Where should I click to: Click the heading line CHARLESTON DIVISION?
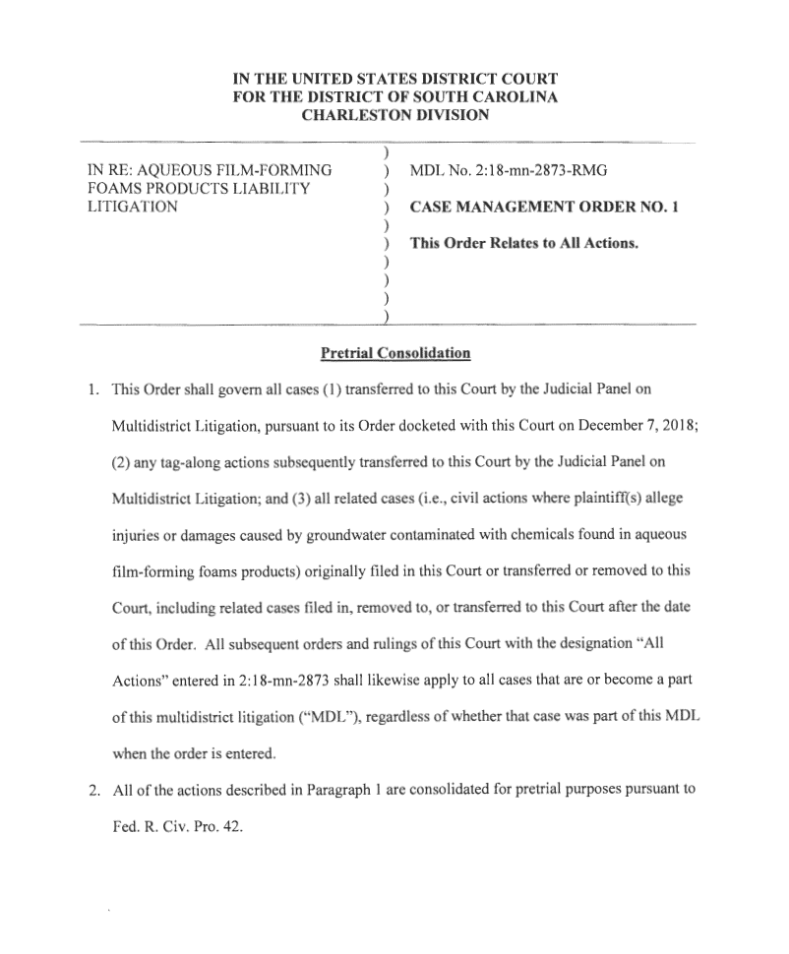tap(394, 115)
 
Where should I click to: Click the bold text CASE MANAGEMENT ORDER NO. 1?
tap(544, 208)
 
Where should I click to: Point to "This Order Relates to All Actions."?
tap(524, 243)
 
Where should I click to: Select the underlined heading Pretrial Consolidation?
tap(395, 352)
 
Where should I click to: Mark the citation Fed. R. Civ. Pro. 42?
tap(176, 826)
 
